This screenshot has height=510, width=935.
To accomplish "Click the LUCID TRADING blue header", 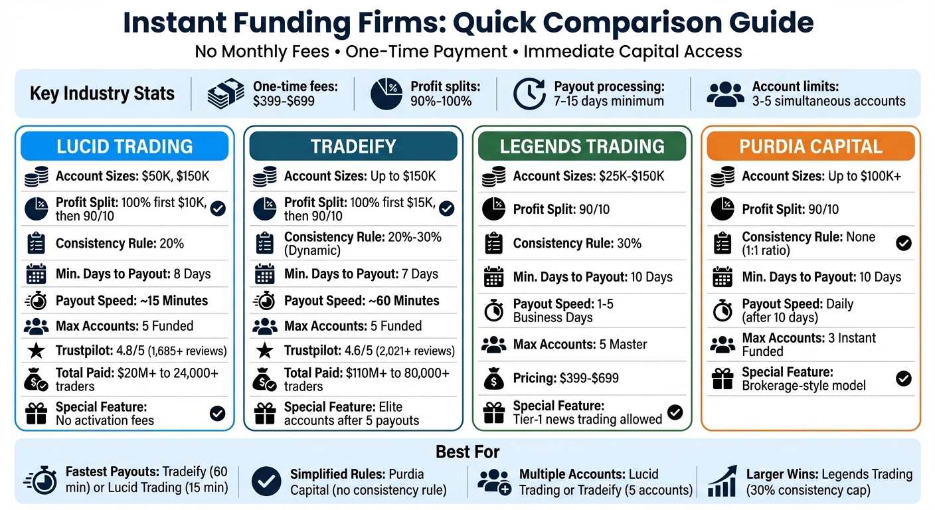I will pyautogui.click(x=124, y=146).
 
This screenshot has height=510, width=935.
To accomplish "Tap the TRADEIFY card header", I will pyautogui.click(x=353, y=146).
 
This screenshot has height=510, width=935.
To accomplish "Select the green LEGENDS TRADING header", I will pyautogui.click(x=582, y=146).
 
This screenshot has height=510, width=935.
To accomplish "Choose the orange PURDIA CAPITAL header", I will pyautogui.click(x=811, y=146).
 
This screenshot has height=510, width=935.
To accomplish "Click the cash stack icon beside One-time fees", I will pyautogui.click(x=226, y=94).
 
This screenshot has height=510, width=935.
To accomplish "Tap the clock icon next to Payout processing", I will pyautogui.click(x=529, y=94).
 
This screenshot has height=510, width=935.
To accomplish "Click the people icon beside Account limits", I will pyautogui.click(x=725, y=94).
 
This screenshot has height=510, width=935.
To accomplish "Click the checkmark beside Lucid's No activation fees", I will pyautogui.click(x=217, y=414).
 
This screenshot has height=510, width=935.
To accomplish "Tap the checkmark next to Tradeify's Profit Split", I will pyautogui.click(x=447, y=209).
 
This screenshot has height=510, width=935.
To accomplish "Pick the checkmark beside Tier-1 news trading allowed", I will pyautogui.click(x=675, y=412).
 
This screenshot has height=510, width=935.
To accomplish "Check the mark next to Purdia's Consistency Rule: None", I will pyautogui.click(x=903, y=243).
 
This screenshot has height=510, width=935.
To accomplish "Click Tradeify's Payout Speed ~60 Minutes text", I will pyautogui.click(x=361, y=301).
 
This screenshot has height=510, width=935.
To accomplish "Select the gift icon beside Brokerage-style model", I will pyautogui.click(x=722, y=379).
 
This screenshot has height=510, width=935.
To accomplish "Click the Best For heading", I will pyautogui.click(x=467, y=452).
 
